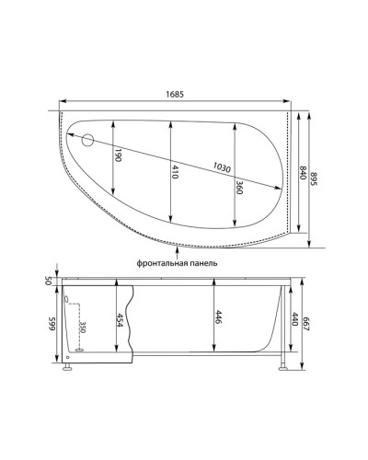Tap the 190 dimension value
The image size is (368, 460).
(x=119, y=156)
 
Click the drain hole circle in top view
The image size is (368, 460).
(x=89, y=141)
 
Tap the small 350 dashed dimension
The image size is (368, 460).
(x=82, y=328)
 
